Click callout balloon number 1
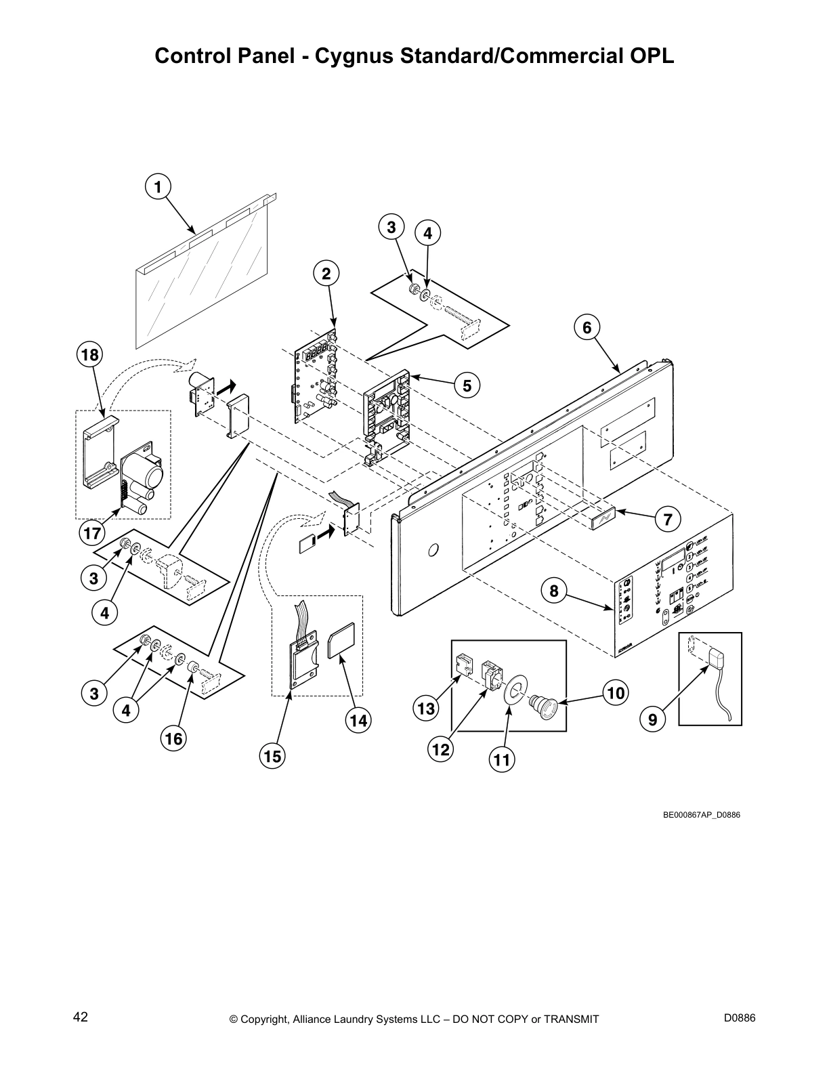click(x=158, y=186)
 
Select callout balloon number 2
click(x=326, y=274)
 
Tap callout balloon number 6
click(x=587, y=328)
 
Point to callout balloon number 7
click(x=667, y=520)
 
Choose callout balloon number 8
click(x=554, y=591)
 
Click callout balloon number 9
click(x=653, y=720)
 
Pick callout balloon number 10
click(x=616, y=693)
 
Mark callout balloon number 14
click(x=358, y=721)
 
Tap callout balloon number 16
click(x=173, y=738)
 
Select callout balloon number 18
click(x=90, y=354)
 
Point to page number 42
click(x=81, y=1017)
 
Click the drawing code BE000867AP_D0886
click(x=701, y=814)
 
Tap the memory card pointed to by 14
click(x=341, y=640)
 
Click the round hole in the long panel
click(x=433, y=549)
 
